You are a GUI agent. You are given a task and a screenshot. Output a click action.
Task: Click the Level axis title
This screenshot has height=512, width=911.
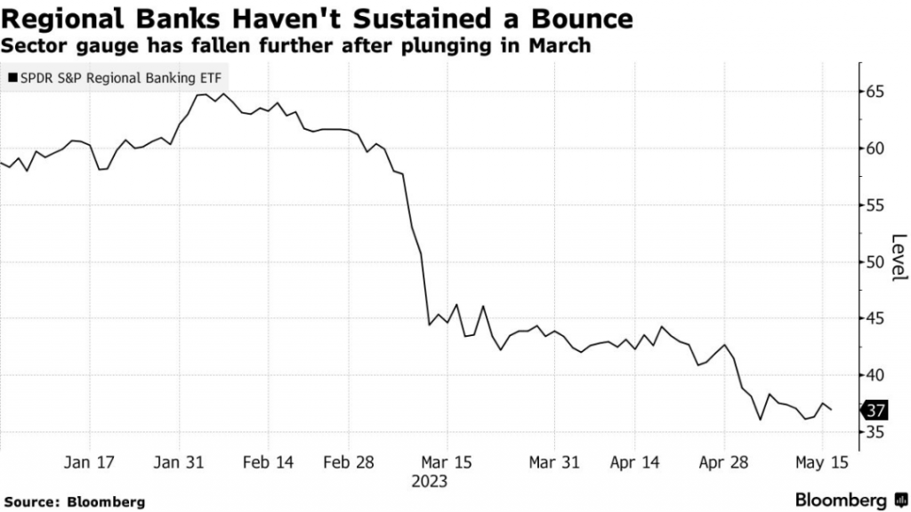click(x=899, y=258)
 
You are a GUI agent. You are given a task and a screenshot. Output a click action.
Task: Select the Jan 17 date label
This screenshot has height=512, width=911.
click(x=91, y=463)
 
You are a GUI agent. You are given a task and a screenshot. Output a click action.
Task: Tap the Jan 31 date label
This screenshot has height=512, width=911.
click(x=180, y=463)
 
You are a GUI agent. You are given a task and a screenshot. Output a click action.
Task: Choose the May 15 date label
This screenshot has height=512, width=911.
click(x=822, y=463)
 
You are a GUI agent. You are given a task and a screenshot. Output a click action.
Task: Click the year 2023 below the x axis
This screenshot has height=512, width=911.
click(x=430, y=482)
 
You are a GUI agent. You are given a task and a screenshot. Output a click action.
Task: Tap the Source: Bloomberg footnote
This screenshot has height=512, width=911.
click(x=73, y=501)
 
